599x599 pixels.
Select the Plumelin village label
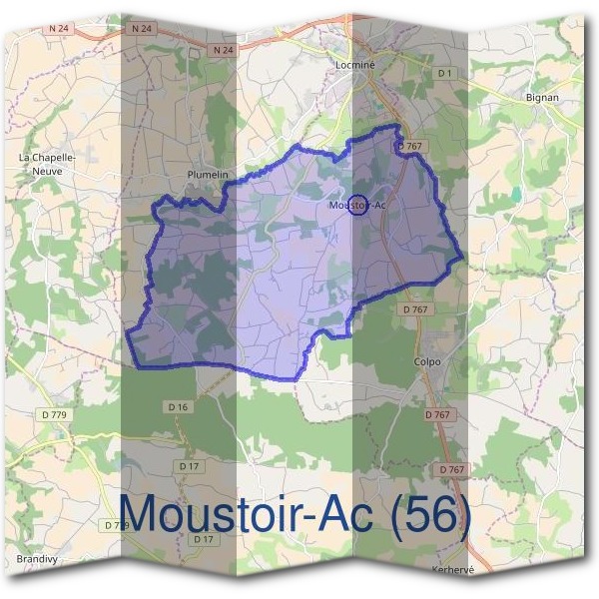click(x=208, y=175)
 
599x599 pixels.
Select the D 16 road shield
click(x=179, y=406)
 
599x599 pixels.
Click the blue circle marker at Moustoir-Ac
click(x=359, y=204)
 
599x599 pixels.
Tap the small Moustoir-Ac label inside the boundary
click(x=356, y=205)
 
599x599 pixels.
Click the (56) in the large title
click(x=430, y=514)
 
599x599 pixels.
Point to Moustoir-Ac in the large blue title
click(x=249, y=514)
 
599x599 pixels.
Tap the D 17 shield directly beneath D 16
click(x=187, y=466)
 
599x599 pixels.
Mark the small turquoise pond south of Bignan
click(x=515, y=193)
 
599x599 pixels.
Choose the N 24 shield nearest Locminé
click(x=222, y=48)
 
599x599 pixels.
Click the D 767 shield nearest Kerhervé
click(x=451, y=469)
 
